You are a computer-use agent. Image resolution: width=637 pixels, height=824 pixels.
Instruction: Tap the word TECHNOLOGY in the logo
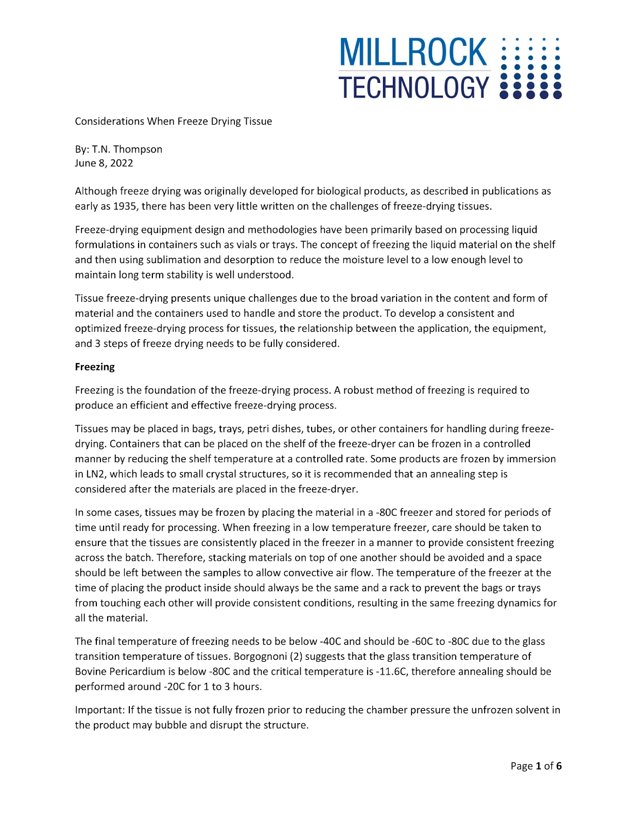(414, 87)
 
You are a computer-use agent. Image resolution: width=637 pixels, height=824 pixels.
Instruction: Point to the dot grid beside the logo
(530, 67)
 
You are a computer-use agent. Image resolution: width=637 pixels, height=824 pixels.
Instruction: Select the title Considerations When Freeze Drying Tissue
(174, 122)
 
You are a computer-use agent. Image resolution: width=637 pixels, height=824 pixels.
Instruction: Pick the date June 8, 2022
(104, 163)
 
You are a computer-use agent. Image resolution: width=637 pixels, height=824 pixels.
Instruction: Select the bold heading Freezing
(95, 367)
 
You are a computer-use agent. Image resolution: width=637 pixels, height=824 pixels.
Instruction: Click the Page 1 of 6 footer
(536, 766)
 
